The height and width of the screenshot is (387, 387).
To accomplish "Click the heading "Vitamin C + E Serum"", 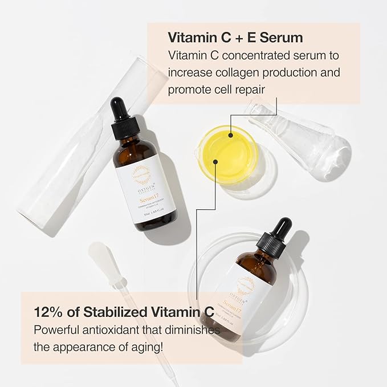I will pyautogui.click(x=235, y=38).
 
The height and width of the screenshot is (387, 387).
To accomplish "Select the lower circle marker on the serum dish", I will pyautogui.click(x=215, y=161).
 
